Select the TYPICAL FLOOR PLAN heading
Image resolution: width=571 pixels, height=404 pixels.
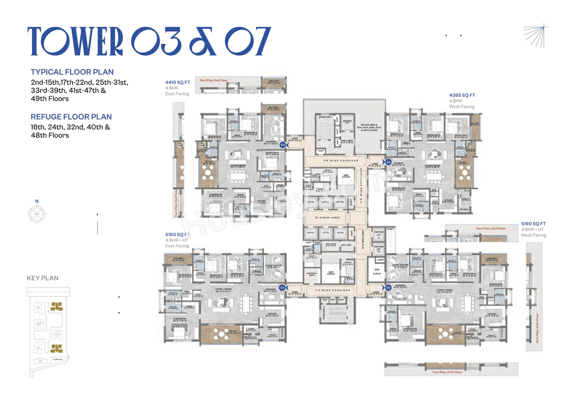click(72, 72)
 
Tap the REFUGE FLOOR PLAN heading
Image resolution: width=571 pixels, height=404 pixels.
click(71, 117)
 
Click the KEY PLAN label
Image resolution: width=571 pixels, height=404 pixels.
click(42, 278)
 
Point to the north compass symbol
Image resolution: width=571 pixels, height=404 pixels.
click(35, 214)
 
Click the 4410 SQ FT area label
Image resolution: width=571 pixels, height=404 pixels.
click(177, 82)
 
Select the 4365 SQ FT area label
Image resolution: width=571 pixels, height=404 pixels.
click(462, 95)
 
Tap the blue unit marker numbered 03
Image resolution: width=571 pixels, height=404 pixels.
click(282, 145)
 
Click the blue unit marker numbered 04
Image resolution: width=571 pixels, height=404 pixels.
click(388, 162)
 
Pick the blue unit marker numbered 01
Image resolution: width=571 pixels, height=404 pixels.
click(282, 288)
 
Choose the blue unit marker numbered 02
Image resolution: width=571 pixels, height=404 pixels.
click(388, 287)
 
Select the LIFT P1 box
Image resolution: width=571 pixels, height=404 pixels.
click(310, 202)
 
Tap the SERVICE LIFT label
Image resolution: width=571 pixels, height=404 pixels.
click(347, 122)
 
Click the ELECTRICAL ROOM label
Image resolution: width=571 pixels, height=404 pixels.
click(311, 273)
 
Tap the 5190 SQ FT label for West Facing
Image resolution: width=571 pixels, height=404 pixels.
click(533, 224)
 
